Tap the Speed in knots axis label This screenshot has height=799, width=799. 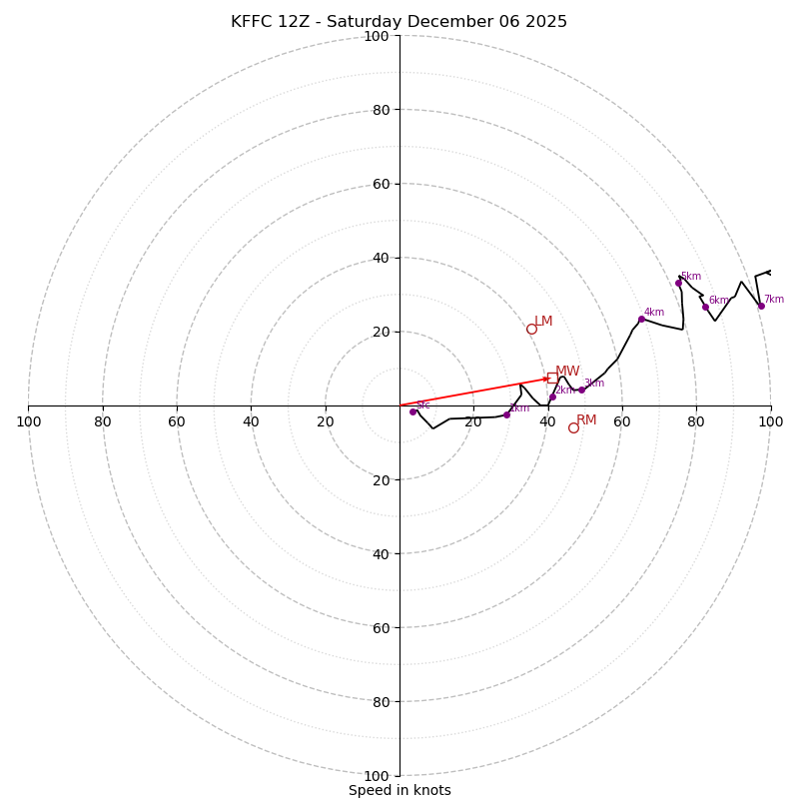(399, 790)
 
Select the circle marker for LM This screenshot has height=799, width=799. (531, 329)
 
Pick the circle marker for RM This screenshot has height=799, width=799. (573, 427)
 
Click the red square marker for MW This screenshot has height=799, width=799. (551, 378)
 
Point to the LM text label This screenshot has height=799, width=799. (543, 322)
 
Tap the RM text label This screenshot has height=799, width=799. (586, 420)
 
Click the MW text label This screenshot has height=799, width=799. (567, 372)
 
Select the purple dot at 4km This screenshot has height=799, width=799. (641, 319)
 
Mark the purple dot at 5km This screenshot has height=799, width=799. (678, 283)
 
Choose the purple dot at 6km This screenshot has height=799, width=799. (705, 307)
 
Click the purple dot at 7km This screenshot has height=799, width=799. (761, 306)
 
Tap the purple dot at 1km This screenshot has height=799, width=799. (506, 414)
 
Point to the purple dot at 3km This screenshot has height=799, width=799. (581, 390)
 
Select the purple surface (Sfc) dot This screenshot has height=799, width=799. (412, 411)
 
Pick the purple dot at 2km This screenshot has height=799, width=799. (552, 397)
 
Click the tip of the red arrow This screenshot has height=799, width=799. (549, 379)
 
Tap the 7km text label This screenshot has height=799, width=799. (774, 300)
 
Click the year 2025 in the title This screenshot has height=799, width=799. (546, 22)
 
